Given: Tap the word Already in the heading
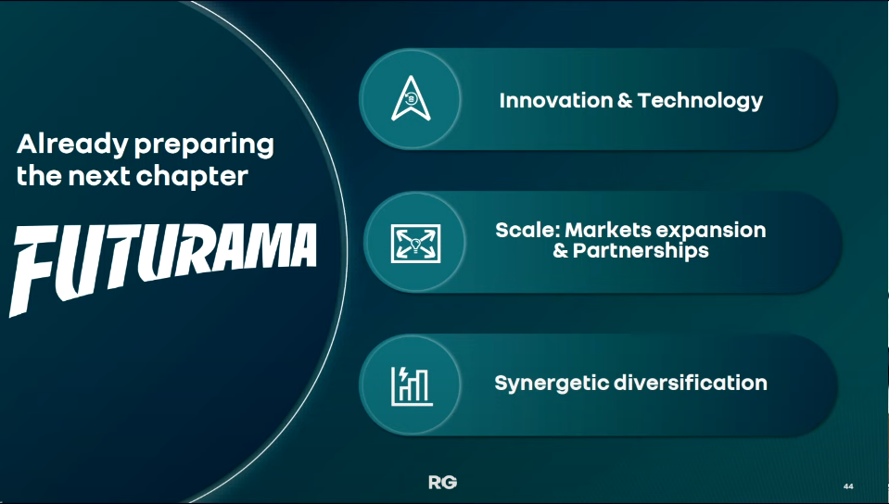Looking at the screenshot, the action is pyautogui.click(x=72, y=145).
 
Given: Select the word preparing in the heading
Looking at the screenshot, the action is pyautogui.click(x=204, y=146).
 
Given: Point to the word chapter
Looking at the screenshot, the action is pyautogui.click(x=192, y=175).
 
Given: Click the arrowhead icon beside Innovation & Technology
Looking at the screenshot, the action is pyautogui.click(x=411, y=98).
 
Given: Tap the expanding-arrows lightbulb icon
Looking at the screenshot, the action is pyautogui.click(x=415, y=244).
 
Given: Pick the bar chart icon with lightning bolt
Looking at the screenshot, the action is pyautogui.click(x=412, y=385).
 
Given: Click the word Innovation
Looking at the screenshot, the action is pyautogui.click(x=555, y=100).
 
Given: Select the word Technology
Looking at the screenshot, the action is pyautogui.click(x=700, y=101).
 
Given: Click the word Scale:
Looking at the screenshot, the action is pyautogui.click(x=527, y=230).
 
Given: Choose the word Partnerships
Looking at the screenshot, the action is pyautogui.click(x=641, y=250).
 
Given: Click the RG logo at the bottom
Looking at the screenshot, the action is pyautogui.click(x=443, y=483).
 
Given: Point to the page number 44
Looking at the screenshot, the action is pyautogui.click(x=848, y=486).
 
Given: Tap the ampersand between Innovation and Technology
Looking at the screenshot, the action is pyautogui.click(x=625, y=100).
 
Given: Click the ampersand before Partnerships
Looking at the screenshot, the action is pyautogui.click(x=561, y=250).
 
